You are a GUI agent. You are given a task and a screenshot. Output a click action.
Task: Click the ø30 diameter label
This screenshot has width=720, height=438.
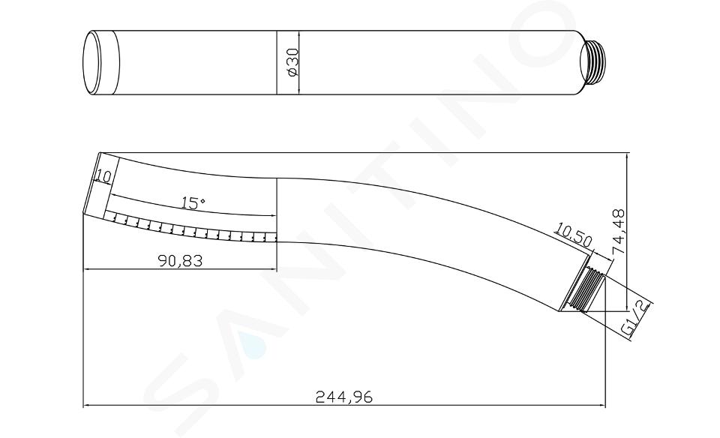click(293, 63)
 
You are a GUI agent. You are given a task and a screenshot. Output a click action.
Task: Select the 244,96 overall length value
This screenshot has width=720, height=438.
click(344, 396)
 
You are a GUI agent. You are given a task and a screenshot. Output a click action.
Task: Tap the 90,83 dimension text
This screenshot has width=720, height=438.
click(180, 260)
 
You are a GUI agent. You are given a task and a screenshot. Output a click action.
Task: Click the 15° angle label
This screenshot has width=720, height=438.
click(193, 202)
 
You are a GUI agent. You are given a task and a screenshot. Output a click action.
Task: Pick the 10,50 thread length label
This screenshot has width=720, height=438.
click(574, 234)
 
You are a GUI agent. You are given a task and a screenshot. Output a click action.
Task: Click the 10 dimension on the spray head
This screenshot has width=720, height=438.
click(103, 175)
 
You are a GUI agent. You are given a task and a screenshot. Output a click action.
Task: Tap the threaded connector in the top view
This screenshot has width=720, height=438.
click(594, 63)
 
